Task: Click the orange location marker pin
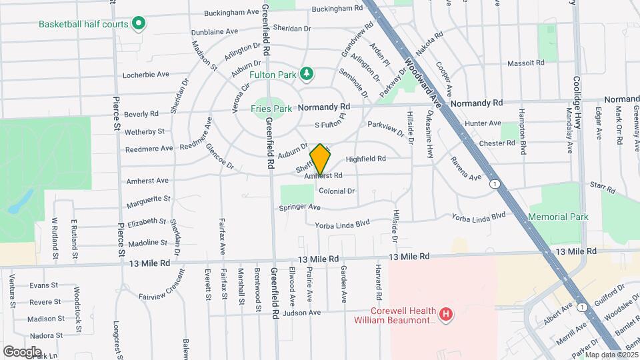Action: [320, 159]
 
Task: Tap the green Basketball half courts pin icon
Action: [139, 24]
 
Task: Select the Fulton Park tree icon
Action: [306, 74]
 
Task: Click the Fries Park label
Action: [271, 108]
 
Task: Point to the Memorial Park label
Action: [558, 217]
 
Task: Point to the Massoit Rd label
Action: [526, 63]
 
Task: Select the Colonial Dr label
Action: [336, 191]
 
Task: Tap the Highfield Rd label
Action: [366, 159]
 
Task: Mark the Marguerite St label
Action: [148, 199]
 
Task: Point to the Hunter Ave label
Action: [483, 123]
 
